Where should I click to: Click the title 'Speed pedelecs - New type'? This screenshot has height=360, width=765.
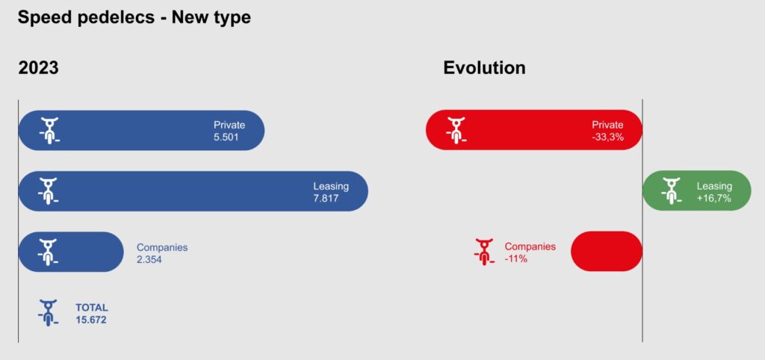[x=134, y=18]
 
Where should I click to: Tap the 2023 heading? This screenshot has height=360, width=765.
[x=39, y=68]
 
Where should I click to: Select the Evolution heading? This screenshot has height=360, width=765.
[x=484, y=68]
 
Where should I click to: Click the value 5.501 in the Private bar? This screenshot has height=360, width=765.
[x=226, y=137]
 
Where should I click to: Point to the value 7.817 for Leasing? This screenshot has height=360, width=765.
[x=326, y=199]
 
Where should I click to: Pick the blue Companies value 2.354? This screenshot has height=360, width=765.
[x=149, y=259]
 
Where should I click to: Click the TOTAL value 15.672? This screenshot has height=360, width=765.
[x=90, y=320]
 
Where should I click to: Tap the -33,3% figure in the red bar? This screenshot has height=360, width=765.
[x=607, y=137]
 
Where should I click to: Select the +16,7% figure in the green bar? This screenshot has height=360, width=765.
[x=714, y=199]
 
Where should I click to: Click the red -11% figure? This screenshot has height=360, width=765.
[x=515, y=259]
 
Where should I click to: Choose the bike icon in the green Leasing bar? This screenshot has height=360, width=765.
[x=671, y=190]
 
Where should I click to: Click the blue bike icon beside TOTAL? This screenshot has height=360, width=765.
[x=48, y=313]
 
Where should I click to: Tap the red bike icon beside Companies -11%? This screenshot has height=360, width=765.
[x=483, y=252]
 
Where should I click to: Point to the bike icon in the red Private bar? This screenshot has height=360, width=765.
[x=456, y=130]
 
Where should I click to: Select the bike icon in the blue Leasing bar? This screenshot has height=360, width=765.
[x=48, y=190]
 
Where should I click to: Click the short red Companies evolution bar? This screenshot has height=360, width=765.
[x=607, y=251]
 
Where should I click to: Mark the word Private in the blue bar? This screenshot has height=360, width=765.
[x=229, y=125]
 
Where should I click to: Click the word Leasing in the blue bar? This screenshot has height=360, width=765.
[x=331, y=186]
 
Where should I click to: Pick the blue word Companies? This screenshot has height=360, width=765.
[x=162, y=247]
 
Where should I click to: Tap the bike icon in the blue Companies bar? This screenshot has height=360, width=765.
[x=48, y=252]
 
